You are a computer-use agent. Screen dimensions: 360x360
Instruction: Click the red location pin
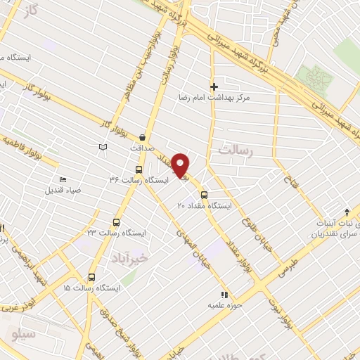[181, 165]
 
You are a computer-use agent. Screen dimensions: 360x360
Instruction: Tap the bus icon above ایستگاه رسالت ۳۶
[138, 169]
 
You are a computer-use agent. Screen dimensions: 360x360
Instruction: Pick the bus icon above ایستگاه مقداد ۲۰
[204, 195]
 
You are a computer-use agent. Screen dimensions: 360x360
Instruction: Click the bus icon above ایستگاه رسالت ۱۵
[91, 277]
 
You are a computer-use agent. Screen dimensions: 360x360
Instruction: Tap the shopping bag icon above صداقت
[144, 137]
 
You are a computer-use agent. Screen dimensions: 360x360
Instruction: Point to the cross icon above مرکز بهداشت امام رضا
[214, 86]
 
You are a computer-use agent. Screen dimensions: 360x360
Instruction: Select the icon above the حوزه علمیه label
[224, 295]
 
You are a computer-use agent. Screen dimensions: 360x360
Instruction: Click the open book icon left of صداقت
[104, 146]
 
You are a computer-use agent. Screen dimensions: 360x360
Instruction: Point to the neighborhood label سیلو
[23, 334]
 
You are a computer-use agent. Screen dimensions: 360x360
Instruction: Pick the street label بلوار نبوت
[281, 308]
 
